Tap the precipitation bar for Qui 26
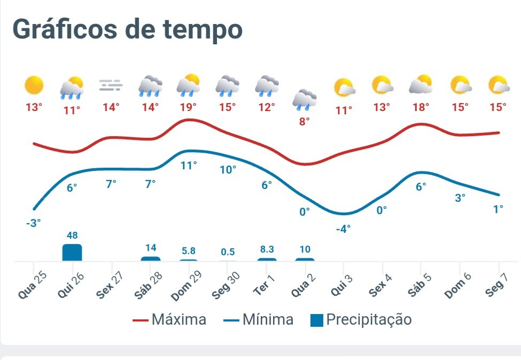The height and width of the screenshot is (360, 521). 72,252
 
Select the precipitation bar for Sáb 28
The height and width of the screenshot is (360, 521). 150,259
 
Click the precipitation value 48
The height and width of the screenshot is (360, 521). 73,236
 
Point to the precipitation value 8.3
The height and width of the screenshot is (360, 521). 267,249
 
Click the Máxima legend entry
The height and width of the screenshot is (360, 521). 169,320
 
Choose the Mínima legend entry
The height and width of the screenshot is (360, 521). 259,320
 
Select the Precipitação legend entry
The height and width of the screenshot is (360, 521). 361,320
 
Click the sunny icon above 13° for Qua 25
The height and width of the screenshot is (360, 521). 34,85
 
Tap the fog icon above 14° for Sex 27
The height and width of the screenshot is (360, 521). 111,85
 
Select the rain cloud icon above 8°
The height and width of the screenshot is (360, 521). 305,99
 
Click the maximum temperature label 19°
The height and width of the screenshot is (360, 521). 189,107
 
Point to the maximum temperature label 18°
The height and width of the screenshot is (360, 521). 421,107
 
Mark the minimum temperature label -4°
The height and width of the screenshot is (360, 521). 343,229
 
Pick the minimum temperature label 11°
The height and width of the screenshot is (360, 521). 189,166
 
